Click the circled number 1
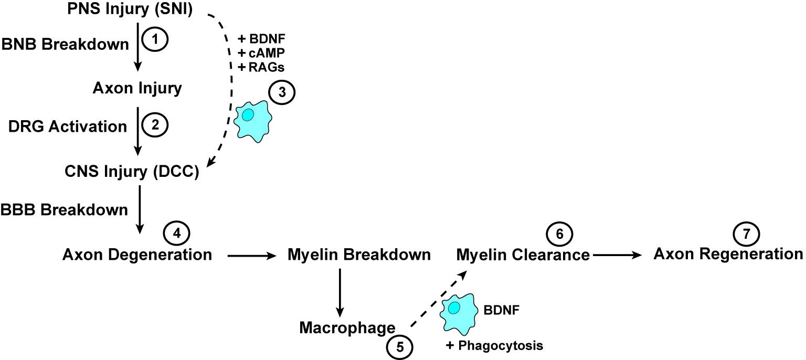tap(155, 39)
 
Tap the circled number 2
tap(155, 125)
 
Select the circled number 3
tap(282, 92)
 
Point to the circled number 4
tap(177, 234)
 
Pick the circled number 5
tap(400, 347)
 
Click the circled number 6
tap(559, 234)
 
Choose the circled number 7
tap(746, 234)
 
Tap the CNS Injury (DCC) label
tap(132, 172)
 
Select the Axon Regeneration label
tap(728, 254)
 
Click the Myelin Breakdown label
tap(359, 255)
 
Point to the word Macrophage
tap(347, 327)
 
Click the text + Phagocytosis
tap(494, 346)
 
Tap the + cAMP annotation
tap(261, 53)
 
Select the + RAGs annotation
tap(261, 67)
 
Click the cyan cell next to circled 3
tap(252, 121)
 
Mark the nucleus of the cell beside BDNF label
tap(454, 308)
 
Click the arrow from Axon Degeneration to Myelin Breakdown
tap(252, 256)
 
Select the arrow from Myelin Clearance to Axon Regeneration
tap(617, 255)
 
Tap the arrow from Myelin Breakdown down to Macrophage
tap(340, 293)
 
